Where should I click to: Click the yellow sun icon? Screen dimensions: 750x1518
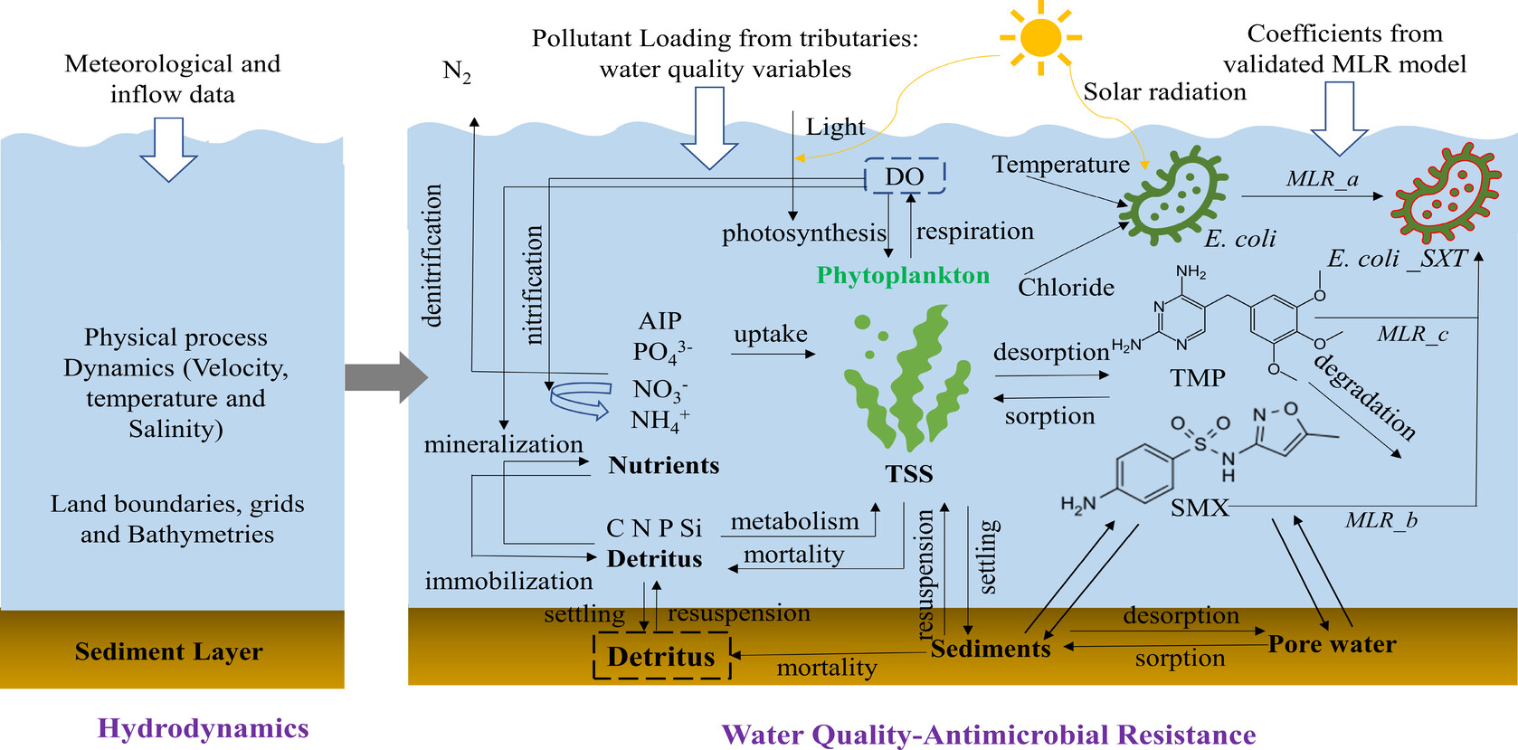(1040, 38)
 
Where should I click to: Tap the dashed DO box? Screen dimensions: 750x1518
(904, 176)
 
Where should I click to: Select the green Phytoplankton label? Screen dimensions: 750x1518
(903, 275)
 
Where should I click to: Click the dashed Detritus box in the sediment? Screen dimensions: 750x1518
(661, 656)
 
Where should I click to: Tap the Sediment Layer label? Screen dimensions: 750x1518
(169, 651)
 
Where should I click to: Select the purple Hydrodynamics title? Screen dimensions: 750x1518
(204, 728)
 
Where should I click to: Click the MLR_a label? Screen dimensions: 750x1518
(1323, 179)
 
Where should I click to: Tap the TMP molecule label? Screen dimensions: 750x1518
(1198, 377)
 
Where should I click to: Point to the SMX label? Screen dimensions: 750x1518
(1200, 508)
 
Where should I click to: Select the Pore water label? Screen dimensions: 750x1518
(1332, 644)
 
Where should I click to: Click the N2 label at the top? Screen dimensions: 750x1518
(457, 71)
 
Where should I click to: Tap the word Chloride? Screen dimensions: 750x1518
(1066, 287)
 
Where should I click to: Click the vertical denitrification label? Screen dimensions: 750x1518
(432, 255)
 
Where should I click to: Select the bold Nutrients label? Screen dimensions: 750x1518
(664, 465)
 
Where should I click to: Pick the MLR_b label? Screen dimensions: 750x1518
(1380, 520)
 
